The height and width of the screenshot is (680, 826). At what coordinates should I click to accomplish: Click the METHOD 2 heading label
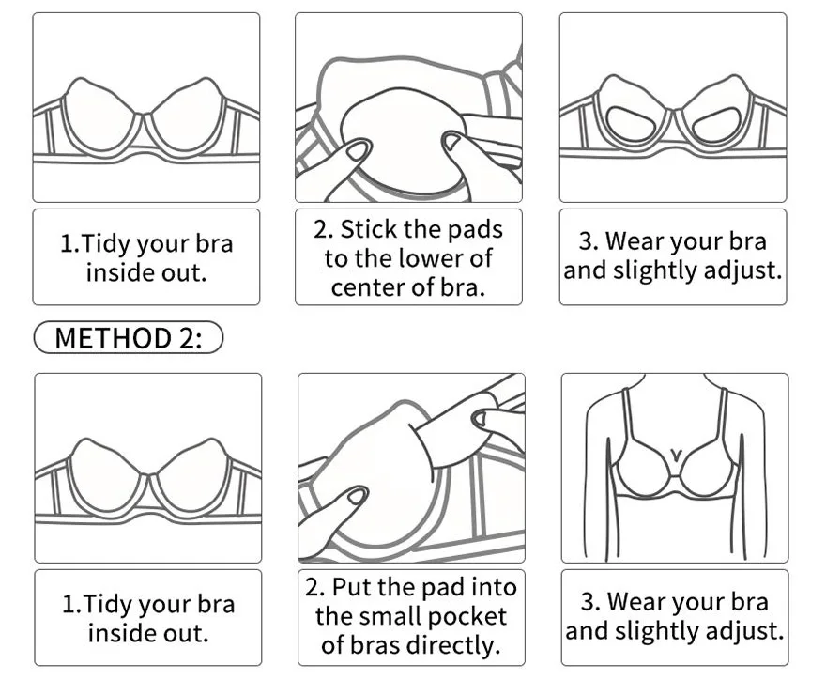[128, 337]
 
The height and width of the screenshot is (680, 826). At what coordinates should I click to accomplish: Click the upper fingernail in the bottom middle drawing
[480, 419]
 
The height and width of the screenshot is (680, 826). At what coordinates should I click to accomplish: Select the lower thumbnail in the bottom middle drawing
[357, 496]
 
